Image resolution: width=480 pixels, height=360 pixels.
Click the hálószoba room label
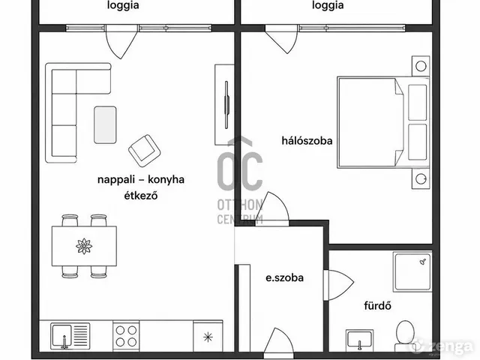[307, 141]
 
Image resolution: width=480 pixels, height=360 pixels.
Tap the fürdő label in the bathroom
[377, 305]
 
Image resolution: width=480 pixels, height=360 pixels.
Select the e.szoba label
[285, 278]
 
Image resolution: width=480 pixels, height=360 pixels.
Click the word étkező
[141, 195]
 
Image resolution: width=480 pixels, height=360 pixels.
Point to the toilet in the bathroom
[405, 335]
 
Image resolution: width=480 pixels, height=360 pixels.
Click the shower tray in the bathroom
[412, 271]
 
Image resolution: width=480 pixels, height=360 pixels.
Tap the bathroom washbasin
[360, 340]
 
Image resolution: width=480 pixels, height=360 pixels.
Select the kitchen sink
[70, 336]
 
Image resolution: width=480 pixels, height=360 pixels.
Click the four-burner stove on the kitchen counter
[126, 336]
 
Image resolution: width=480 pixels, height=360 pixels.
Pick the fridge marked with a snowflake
[208, 337]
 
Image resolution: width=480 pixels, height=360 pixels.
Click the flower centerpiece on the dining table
[84, 246]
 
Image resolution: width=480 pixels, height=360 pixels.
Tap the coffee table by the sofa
[105, 125]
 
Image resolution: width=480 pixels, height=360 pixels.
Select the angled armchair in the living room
[145, 151]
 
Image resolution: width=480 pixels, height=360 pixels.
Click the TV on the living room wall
[226, 105]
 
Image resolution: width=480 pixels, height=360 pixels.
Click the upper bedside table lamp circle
[421, 66]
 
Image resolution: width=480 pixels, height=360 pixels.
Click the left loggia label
[123, 5]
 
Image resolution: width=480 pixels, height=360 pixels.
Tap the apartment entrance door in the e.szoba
[278, 340]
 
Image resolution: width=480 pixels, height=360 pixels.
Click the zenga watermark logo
[442, 346]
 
